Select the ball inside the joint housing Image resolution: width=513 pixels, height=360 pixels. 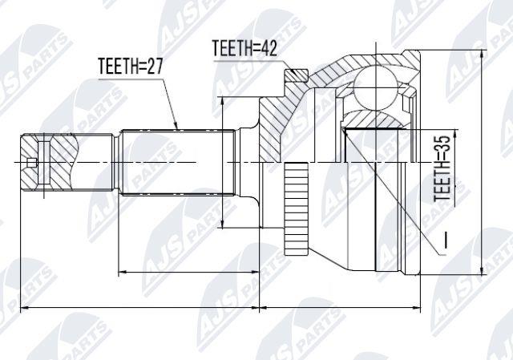376,83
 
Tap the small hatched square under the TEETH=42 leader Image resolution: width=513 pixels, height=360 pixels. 297,76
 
